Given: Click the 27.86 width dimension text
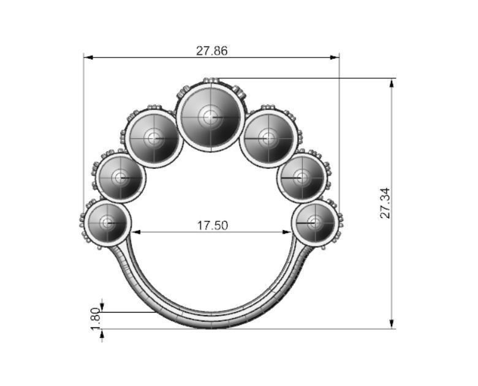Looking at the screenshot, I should pos(211,51).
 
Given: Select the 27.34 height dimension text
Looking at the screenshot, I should pos(385,203).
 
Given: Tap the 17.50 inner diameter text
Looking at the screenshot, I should pos(212,225).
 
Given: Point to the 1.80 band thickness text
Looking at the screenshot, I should pos(95,318).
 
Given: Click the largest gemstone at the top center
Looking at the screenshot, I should pos(210,117).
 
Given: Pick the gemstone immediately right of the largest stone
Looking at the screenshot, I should pos(267,138).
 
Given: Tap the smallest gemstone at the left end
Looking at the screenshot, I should pos(107,222).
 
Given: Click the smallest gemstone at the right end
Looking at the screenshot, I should pos(315,222).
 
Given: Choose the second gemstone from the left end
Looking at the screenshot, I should pos(121,178).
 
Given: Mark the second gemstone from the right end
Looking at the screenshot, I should pos(301,178).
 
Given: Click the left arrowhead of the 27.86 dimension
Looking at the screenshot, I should pos(88,58).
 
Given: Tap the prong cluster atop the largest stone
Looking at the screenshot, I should pos(211,80).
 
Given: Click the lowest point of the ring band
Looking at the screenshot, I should pos(211,327).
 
